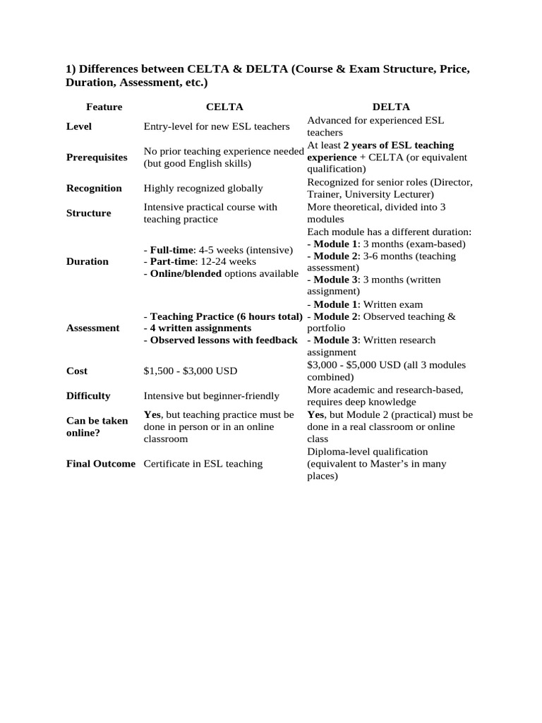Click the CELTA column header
224,107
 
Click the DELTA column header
391,107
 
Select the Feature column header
104,107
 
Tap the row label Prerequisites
97,157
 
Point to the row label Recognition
94,189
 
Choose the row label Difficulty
88,396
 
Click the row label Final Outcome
100,464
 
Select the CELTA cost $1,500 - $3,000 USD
191,371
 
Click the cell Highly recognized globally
203,189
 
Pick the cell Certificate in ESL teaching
203,464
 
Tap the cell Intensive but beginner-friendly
212,396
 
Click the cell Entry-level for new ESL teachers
217,126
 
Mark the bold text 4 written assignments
200,328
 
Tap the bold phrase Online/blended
186,274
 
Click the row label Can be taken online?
97,426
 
